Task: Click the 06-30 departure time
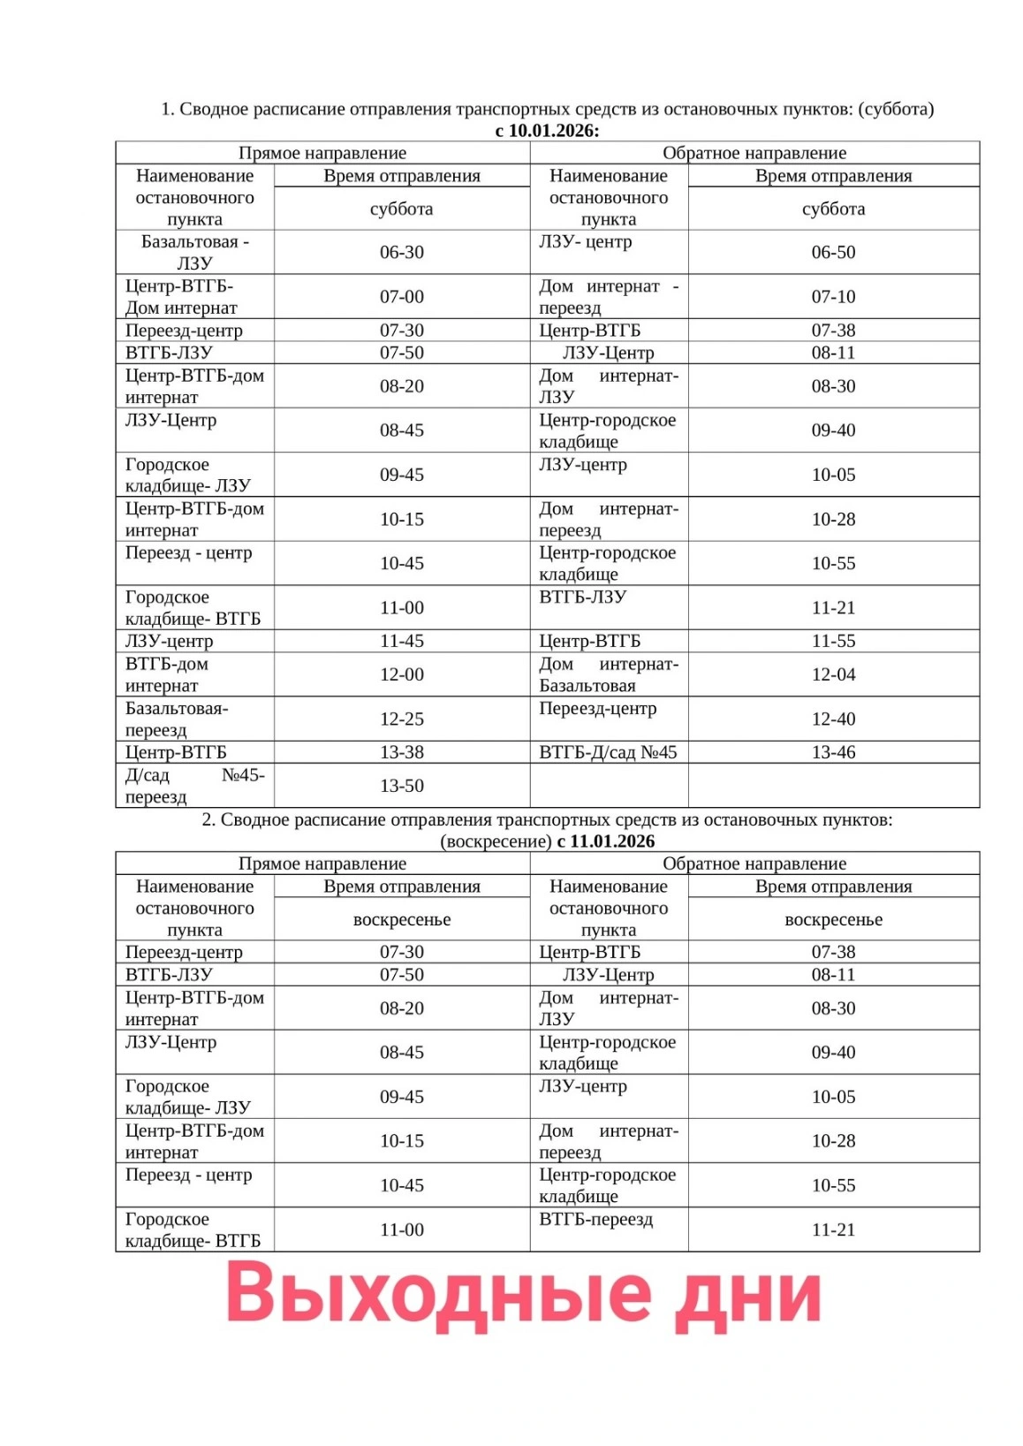(402, 253)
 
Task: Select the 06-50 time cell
(833, 253)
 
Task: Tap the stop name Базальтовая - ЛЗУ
(194, 253)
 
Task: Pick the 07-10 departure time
(833, 297)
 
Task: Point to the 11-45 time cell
(402, 642)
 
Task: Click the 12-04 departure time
(833, 675)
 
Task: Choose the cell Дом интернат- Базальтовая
(609, 675)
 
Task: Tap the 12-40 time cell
(833, 719)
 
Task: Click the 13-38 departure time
(402, 753)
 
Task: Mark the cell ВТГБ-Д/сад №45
(608, 753)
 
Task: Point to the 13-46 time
(833, 753)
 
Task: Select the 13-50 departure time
(402, 787)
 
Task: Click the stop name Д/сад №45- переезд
(194, 787)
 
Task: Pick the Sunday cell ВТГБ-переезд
(596, 1220)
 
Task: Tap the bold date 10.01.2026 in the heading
(553, 131)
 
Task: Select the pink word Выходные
(438, 1294)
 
